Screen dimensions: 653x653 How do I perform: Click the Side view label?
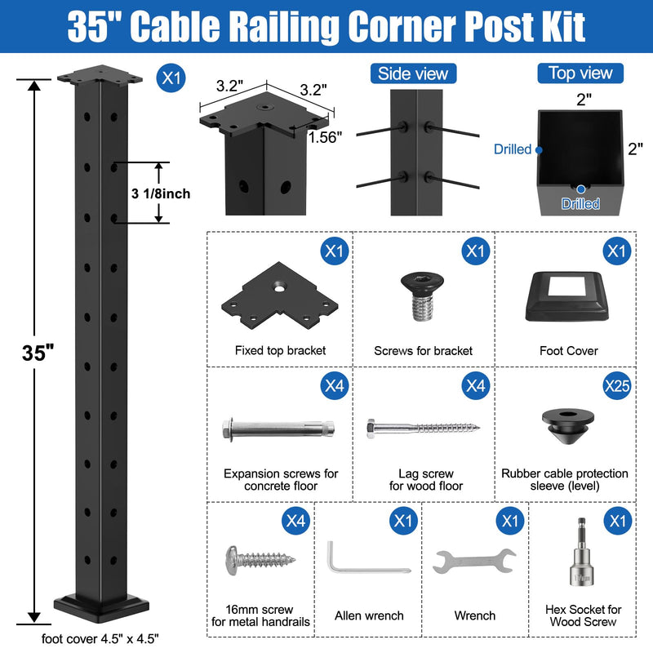(x=413, y=73)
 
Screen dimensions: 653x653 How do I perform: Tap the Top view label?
(x=580, y=73)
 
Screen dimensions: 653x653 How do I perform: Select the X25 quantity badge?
(x=617, y=385)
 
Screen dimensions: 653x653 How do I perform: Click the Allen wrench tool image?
(x=368, y=557)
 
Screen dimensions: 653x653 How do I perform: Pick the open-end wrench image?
(x=474, y=561)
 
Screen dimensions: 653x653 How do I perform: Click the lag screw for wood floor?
(x=423, y=428)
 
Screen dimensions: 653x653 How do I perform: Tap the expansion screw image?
(x=278, y=429)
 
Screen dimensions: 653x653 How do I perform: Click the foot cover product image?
(x=566, y=296)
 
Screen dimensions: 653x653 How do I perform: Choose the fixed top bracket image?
(x=279, y=295)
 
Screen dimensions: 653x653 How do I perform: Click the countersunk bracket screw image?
(x=422, y=296)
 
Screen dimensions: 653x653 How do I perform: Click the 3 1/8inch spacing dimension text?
(x=161, y=193)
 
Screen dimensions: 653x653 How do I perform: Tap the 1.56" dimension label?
(x=325, y=137)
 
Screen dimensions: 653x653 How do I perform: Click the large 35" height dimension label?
(x=38, y=353)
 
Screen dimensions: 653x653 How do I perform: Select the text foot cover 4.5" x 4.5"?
(x=100, y=638)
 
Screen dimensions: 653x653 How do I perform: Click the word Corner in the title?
(x=402, y=26)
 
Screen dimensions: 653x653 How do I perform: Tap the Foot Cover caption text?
(x=568, y=351)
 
